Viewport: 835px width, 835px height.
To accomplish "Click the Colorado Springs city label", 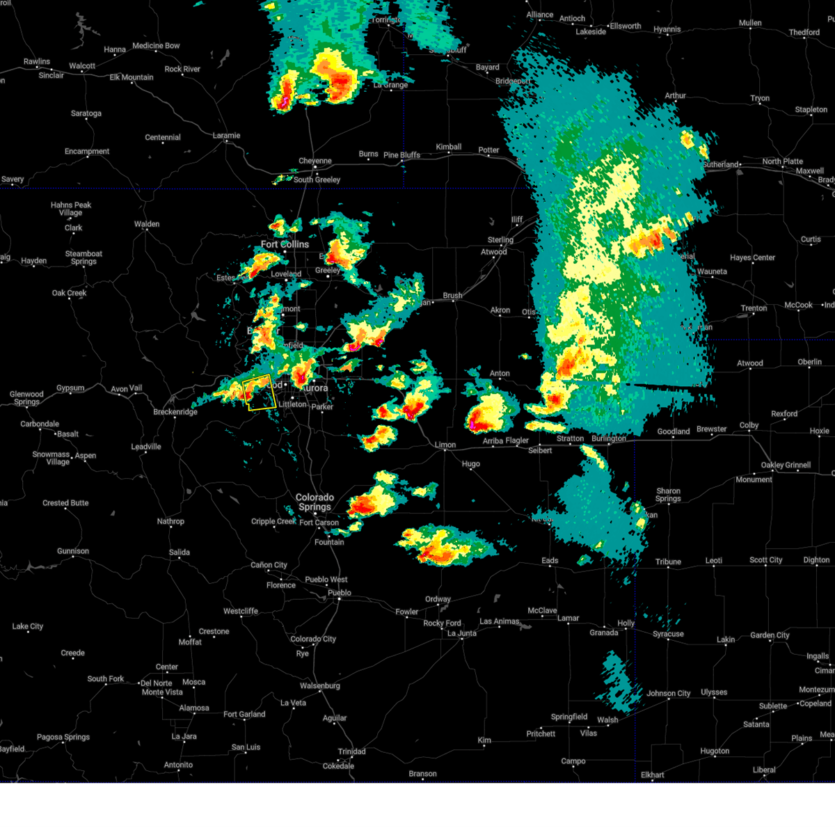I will (x=315, y=502).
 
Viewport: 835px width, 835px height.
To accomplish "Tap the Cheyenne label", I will (x=315, y=161).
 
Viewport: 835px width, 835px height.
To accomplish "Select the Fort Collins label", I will (x=285, y=244).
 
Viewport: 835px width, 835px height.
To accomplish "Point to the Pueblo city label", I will (x=340, y=593).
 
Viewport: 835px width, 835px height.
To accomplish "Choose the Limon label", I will (x=445, y=445).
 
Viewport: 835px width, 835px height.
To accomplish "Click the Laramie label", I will (x=226, y=136).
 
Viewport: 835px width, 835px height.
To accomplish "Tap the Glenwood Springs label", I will (x=26, y=398).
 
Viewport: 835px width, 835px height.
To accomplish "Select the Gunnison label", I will (x=73, y=551).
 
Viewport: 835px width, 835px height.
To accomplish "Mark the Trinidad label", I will (x=351, y=751).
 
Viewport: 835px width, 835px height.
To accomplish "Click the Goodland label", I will (x=674, y=431).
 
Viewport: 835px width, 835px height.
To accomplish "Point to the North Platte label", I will (x=782, y=161).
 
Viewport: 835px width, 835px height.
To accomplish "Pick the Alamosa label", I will (x=194, y=708).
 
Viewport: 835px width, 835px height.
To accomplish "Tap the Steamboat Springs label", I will (x=83, y=257).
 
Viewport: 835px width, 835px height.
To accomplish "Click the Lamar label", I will (x=568, y=618).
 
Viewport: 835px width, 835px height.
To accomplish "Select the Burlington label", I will (x=609, y=438).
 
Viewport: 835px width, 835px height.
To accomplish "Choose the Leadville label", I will (x=145, y=447).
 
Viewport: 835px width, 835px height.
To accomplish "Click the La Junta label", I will (x=461, y=633).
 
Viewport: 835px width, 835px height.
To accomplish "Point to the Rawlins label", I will (x=37, y=61).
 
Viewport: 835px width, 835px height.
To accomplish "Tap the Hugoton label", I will (x=715, y=751).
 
